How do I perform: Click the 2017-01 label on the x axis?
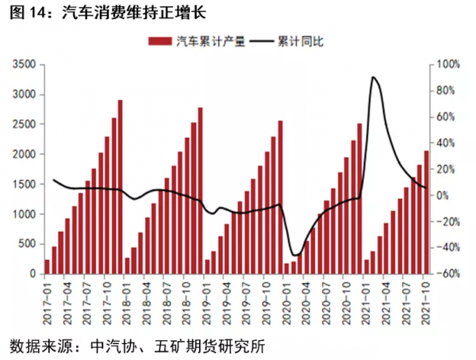point(46,301)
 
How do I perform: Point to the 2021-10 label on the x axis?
point(426,301)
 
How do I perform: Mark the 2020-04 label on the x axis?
point(305,301)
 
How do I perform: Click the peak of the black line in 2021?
point(373,77)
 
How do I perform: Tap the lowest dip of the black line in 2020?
point(296,255)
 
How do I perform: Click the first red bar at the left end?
point(47,266)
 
